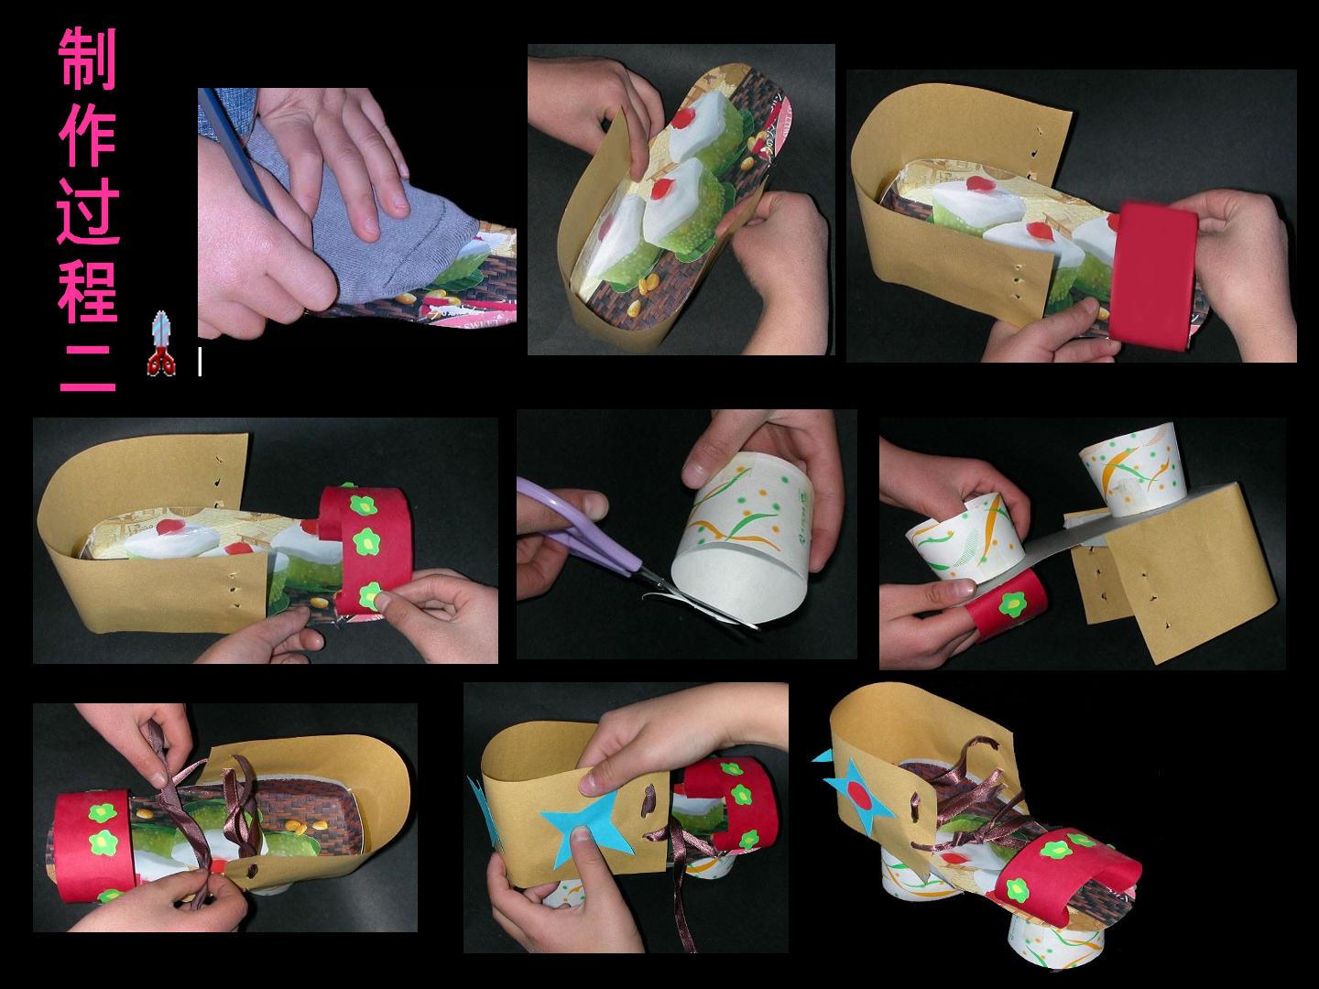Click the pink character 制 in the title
pos(87,59)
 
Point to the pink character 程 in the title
pos(88,292)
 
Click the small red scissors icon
pos(161,344)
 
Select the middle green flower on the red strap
pos(365,542)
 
